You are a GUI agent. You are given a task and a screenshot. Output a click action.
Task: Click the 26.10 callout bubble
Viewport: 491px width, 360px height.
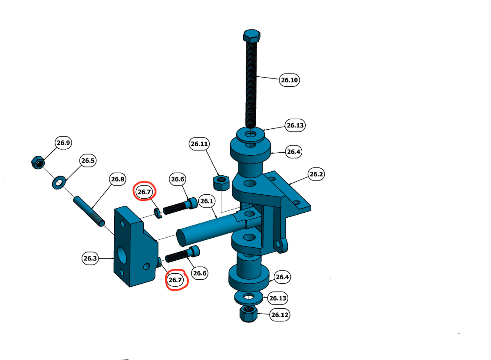pyautogui.click(x=289, y=80)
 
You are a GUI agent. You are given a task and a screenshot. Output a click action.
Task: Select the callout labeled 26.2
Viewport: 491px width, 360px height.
pyautogui.click(x=316, y=174)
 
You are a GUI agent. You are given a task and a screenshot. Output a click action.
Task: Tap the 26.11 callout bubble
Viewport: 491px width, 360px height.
pyautogui.click(x=199, y=144)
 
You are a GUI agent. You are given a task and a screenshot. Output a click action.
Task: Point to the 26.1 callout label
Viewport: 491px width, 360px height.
pyautogui.click(x=207, y=201)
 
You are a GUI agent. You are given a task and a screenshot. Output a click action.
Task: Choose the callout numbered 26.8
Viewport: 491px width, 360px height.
pyautogui.click(x=117, y=179)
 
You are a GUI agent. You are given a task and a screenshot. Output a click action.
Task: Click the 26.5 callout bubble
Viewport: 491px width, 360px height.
pyautogui.click(x=88, y=161)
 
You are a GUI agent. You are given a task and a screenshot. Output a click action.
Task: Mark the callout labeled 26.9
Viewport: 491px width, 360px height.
pyautogui.click(x=63, y=143)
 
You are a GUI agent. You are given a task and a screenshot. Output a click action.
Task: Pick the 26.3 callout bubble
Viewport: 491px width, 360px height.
pyautogui.click(x=90, y=259)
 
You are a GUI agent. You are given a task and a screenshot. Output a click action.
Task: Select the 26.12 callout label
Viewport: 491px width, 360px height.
pyautogui.click(x=280, y=314)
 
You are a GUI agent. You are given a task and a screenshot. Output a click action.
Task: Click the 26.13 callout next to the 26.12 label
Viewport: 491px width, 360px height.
pyautogui.click(x=278, y=298)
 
